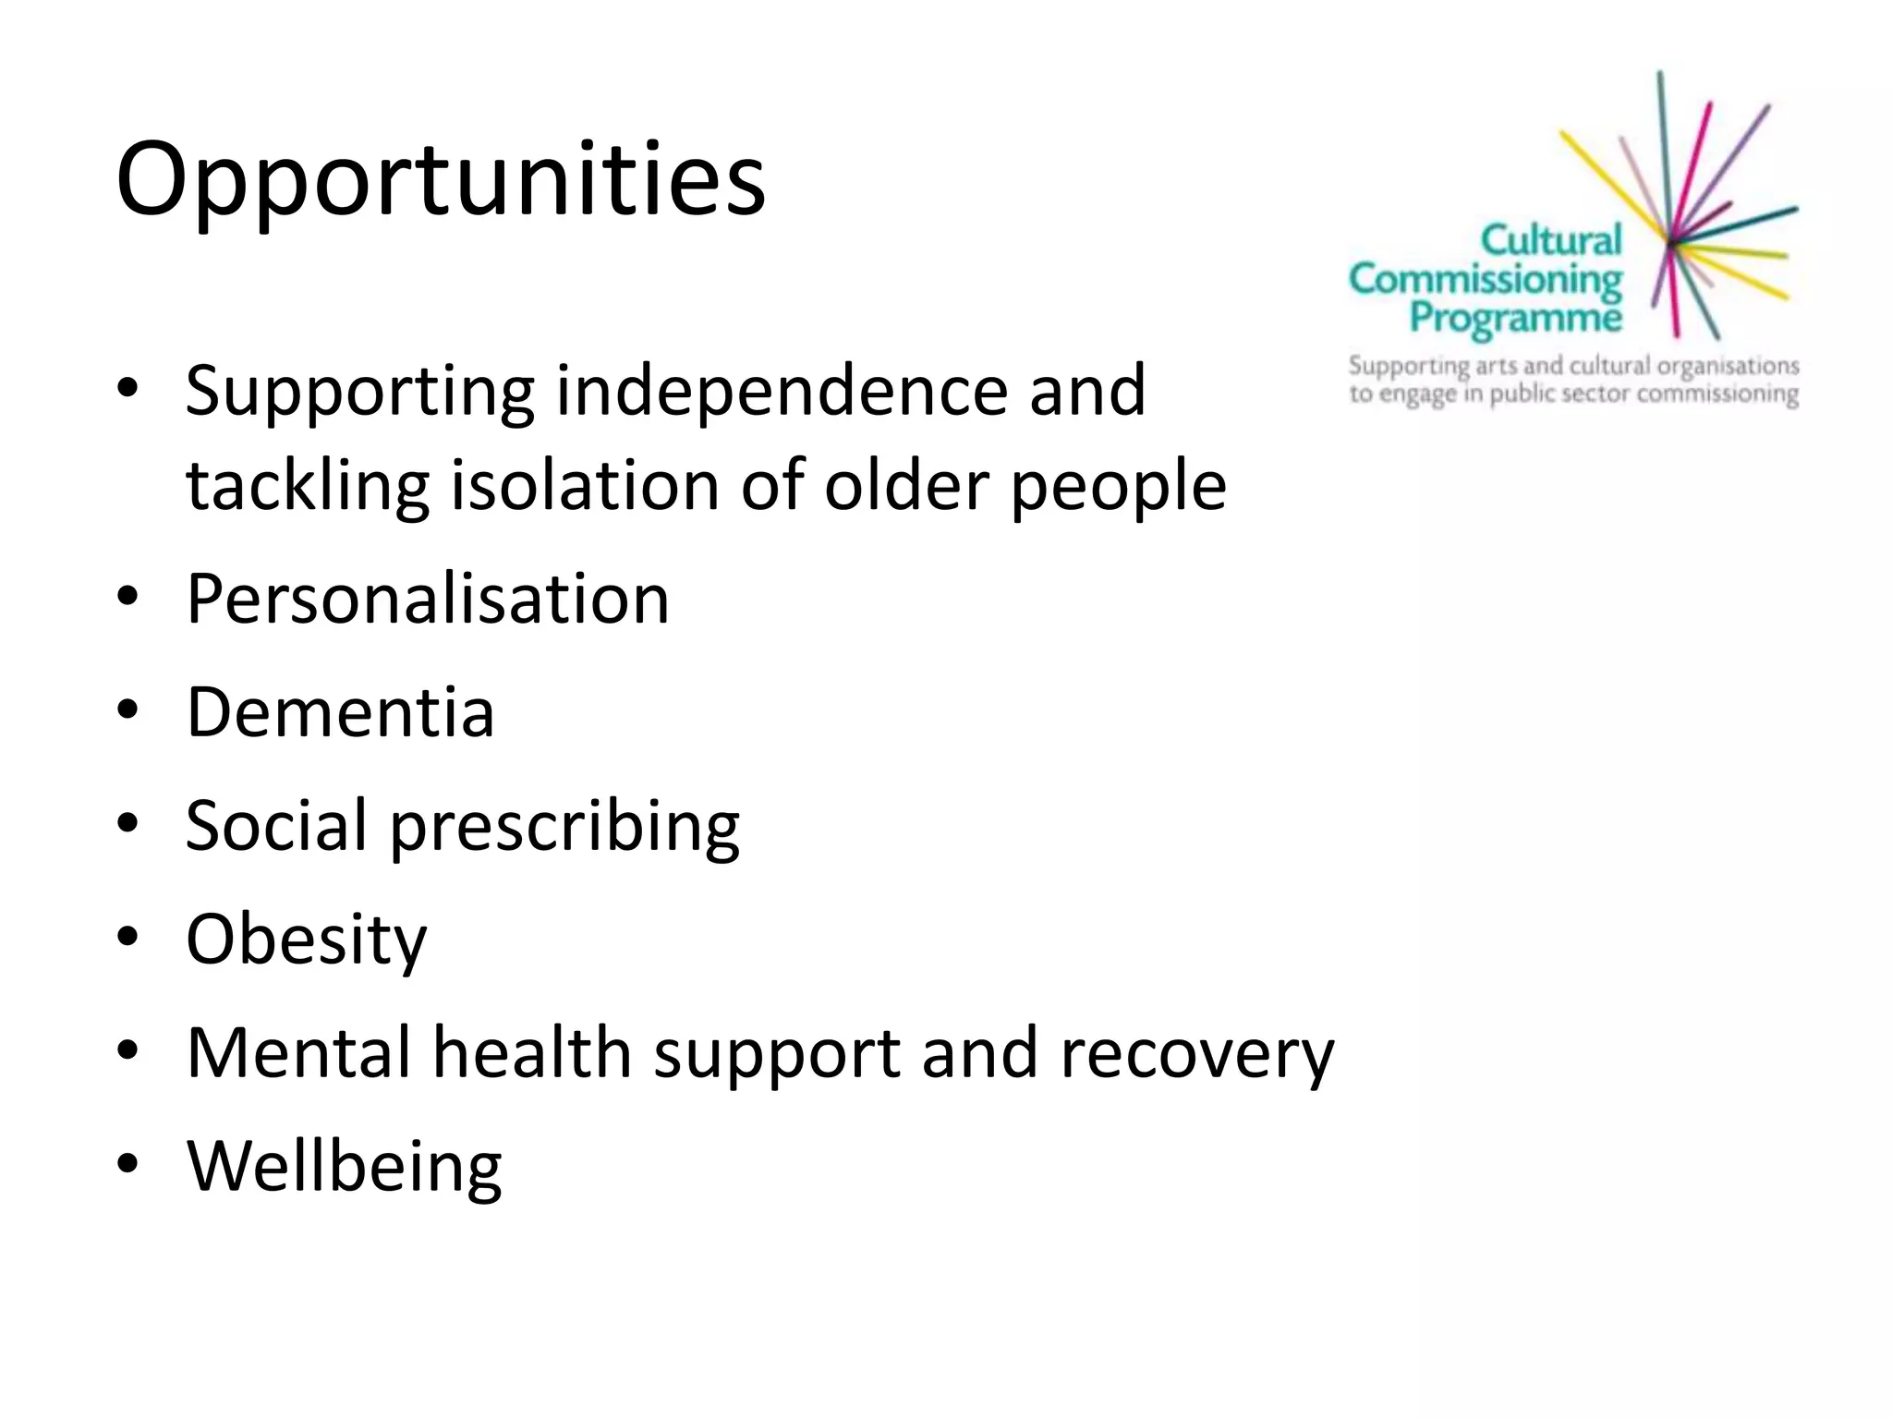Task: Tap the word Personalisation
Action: point(428,600)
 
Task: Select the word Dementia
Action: point(340,712)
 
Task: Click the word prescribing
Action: point(564,827)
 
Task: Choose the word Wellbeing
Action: point(345,1167)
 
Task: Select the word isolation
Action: point(584,486)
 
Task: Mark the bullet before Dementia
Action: point(128,710)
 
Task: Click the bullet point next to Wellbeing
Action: point(128,1163)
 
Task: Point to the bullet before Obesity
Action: point(128,937)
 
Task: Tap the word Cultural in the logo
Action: point(1550,240)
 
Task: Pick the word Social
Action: point(276,825)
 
